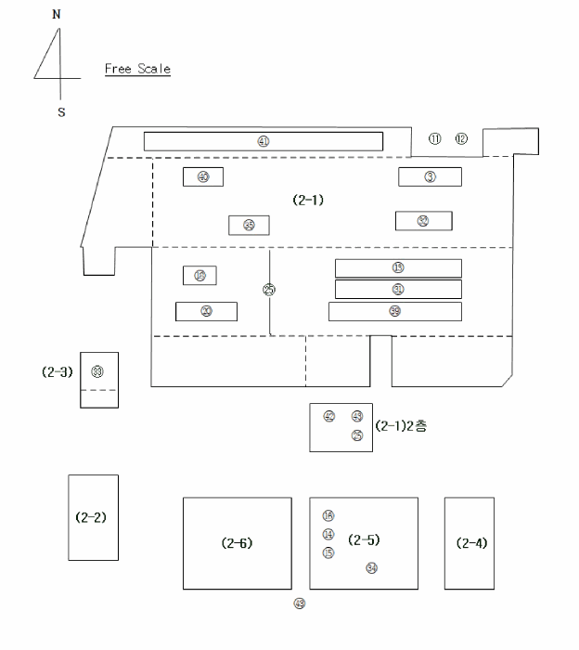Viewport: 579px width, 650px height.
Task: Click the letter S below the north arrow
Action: (x=61, y=112)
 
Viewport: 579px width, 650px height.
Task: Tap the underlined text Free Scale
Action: (x=137, y=69)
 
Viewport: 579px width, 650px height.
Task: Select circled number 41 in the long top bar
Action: (x=264, y=141)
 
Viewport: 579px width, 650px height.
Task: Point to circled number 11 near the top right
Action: (x=435, y=139)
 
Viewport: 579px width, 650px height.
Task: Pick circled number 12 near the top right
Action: (x=461, y=139)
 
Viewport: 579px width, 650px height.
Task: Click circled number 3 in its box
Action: (x=431, y=176)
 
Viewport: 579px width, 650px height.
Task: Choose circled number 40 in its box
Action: (x=203, y=176)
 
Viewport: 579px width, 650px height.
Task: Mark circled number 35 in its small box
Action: (x=249, y=225)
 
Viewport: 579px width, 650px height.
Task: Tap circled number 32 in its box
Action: (x=423, y=221)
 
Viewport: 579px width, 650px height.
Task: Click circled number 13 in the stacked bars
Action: (x=398, y=267)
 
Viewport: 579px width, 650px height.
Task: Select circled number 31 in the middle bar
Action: (x=398, y=290)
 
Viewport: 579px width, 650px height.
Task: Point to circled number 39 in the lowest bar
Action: (x=395, y=311)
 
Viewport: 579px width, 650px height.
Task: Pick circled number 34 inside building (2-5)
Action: (x=372, y=568)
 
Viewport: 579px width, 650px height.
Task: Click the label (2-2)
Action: (x=92, y=516)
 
